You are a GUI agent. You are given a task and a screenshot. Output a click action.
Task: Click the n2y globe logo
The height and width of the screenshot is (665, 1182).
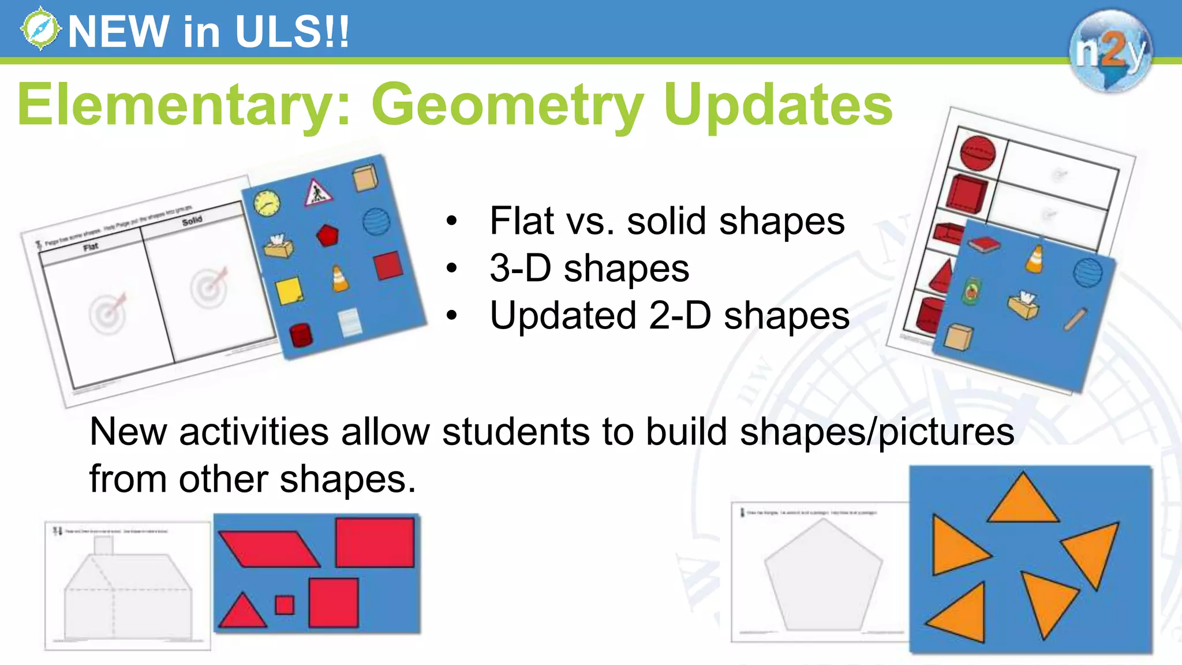tap(1109, 51)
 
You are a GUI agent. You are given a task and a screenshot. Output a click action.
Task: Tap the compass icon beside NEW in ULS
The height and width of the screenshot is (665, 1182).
tap(40, 29)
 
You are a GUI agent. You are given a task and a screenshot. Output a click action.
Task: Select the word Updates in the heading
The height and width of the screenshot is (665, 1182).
tap(777, 105)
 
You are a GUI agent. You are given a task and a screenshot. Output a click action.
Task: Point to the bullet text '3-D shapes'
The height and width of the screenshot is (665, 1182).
tap(589, 268)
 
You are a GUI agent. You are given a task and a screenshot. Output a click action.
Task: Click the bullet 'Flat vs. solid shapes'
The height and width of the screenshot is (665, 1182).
tap(667, 221)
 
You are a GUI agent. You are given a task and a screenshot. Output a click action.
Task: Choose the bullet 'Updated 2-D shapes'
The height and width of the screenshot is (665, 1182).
tap(669, 316)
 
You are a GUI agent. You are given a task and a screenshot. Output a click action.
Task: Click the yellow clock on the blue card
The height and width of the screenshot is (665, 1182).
tap(267, 203)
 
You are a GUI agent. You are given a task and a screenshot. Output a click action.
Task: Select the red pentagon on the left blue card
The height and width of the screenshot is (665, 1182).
tap(327, 236)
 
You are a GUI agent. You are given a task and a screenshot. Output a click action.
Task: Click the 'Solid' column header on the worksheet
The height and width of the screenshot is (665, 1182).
tap(192, 221)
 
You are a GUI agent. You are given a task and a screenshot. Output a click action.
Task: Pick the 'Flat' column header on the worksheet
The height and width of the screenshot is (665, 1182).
tap(91, 247)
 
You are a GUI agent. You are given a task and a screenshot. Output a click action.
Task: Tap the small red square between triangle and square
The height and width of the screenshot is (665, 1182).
tap(285, 605)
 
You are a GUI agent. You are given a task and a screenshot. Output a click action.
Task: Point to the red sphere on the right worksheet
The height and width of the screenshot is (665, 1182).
tap(978, 153)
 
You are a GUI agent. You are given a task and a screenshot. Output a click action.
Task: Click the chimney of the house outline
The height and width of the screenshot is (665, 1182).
tap(103, 545)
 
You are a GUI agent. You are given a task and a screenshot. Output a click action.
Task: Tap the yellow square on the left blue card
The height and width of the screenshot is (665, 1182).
tap(289, 291)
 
